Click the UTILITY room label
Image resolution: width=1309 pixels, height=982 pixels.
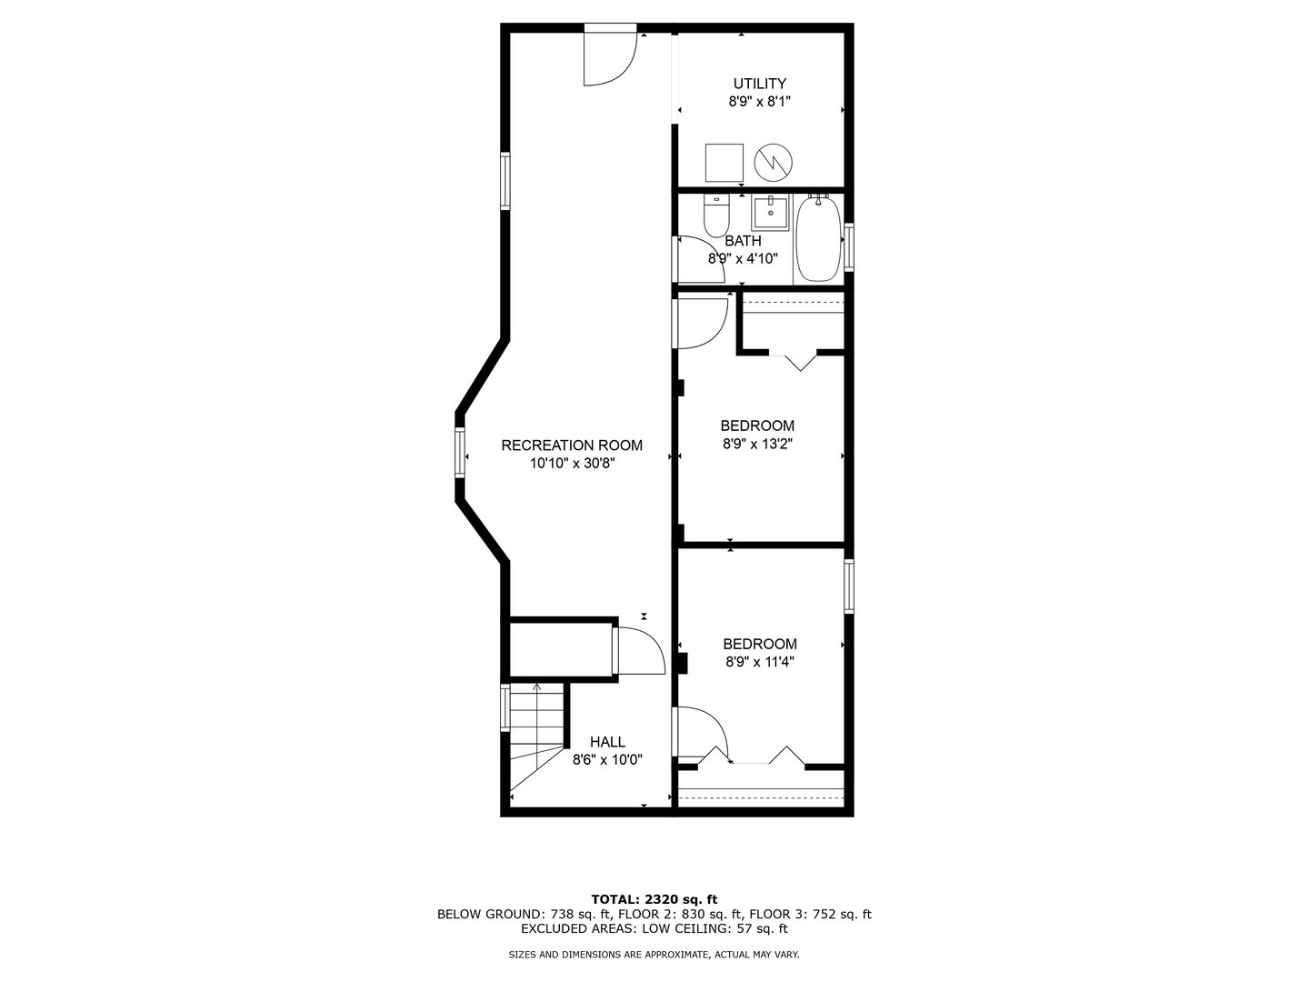click(759, 84)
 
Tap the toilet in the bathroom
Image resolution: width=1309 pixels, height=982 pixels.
click(716, 215)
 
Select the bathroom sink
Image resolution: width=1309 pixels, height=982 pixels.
click(770, 212)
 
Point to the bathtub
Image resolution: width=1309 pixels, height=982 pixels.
click(818, 238)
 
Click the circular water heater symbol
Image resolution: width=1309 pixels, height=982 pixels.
click(774, 163)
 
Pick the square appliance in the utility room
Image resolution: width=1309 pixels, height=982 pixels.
click(724, 163)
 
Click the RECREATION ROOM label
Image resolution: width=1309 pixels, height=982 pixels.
click(571, 446)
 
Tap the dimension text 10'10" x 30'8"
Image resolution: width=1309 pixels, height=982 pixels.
click(572, 464)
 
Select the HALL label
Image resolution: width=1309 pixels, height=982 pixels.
click(607, 742)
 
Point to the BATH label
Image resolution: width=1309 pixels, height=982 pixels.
click(743, 241)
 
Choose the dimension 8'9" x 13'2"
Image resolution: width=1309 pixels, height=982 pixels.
click(757, 445)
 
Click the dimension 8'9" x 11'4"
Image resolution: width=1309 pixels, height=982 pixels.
click(760, 662)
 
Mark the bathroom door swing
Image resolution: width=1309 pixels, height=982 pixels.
click(715, 250)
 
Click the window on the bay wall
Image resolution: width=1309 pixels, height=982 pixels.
click(460, 452)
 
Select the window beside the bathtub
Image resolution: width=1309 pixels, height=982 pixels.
click(849, 246)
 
